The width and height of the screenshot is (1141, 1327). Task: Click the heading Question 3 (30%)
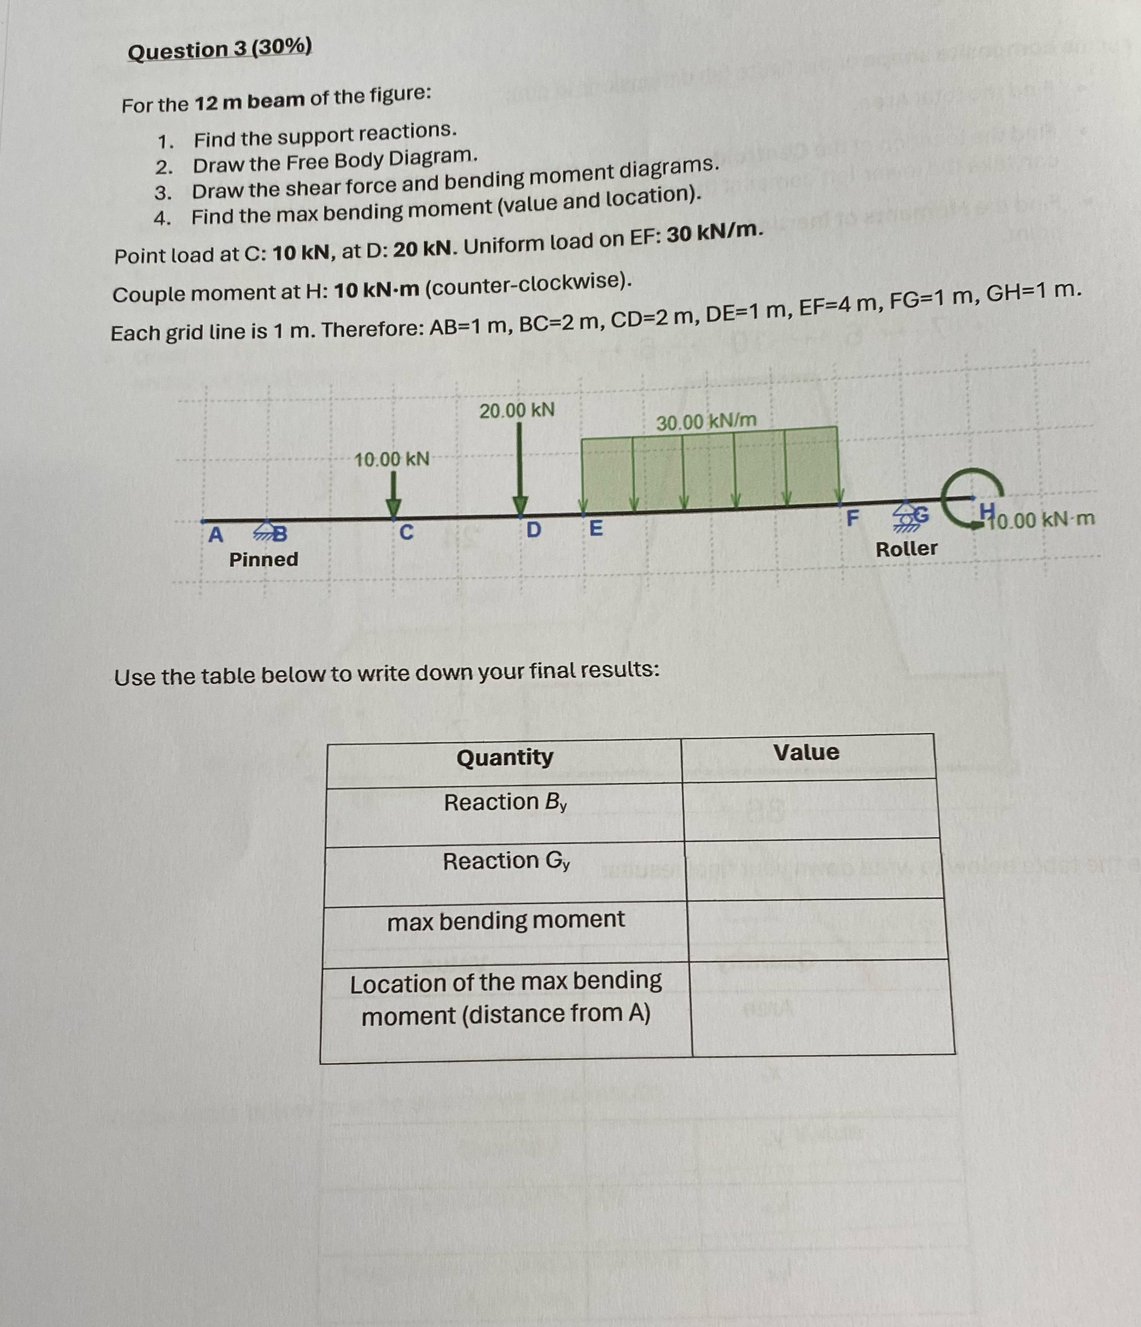coord(220,49)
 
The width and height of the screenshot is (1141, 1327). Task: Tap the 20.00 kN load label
coord(517,411)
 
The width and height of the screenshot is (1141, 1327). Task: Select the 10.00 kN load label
coord(392,459)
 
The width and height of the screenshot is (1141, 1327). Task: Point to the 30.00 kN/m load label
coord(706,421)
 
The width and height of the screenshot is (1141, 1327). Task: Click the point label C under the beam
coord(406,532)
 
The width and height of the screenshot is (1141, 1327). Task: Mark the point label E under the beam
coord(595,529)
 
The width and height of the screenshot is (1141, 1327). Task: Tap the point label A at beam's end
coord(216,534)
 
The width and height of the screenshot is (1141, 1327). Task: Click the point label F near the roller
coord(852,518)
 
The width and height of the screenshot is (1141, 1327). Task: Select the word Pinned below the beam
coord(263,560)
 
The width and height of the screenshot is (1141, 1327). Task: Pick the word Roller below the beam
coord(906,549)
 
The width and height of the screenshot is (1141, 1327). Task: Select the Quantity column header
coord(505,758)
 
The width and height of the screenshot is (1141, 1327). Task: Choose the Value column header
coord(806,753)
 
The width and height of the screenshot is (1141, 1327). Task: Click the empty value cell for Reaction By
coord(811,810)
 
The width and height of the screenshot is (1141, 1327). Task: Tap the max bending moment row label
coord(505,920)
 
